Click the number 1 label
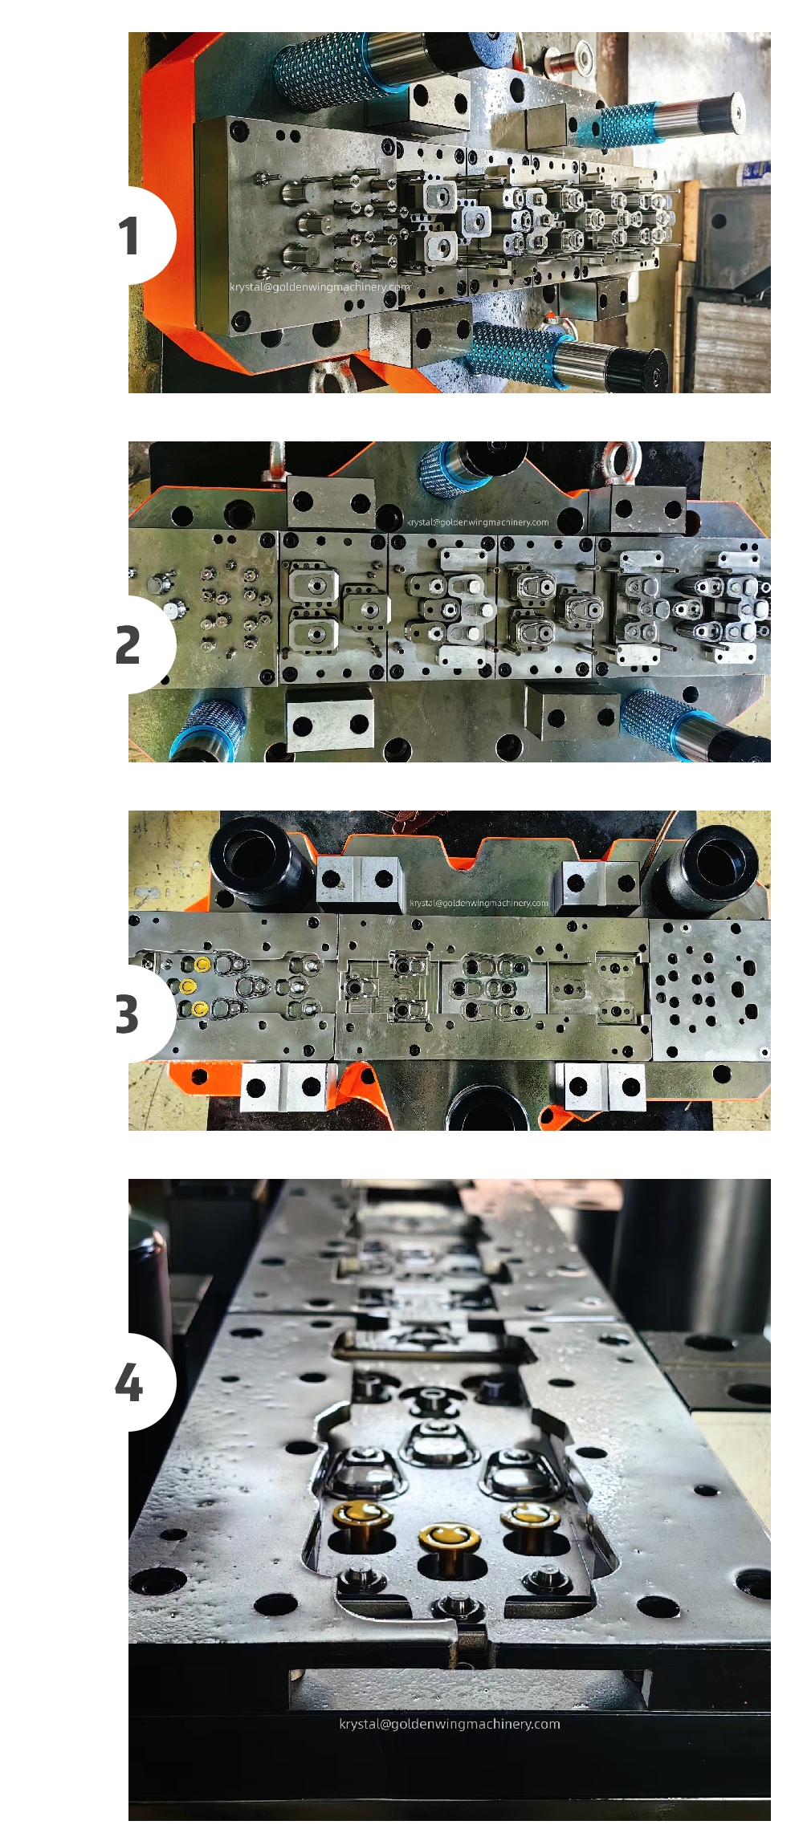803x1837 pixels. (128, 236)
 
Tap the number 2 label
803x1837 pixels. (128, 645)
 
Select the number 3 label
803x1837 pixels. (127, 1014)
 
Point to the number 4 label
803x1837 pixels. (128, 1383)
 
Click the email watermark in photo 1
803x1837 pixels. (320, 287)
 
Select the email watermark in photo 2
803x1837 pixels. (478, 522)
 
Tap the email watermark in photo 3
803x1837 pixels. (479, 903)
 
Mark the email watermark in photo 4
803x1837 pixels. (450, 1724)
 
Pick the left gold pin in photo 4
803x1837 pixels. (363, 1518)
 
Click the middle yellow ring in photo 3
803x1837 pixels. (188, 986)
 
